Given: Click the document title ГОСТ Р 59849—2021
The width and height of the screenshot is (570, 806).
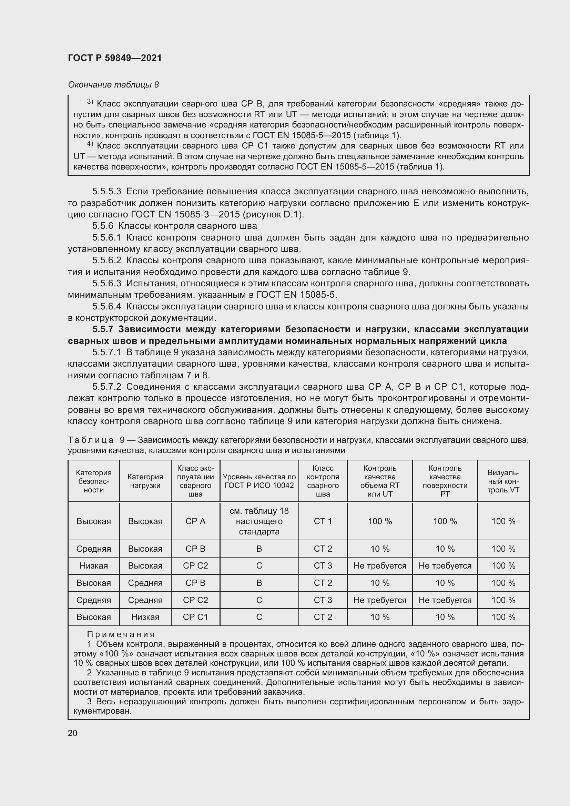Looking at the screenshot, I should [x=115, y=58].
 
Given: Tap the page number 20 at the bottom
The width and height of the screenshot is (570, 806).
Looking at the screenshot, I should [x=73, y=733].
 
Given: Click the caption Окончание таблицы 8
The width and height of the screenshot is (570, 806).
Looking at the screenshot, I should [x=113, y=85].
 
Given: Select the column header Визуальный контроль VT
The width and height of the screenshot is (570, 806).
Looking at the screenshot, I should [x=503, y=481].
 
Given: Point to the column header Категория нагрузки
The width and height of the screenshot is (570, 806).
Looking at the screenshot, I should [x=145, y=481].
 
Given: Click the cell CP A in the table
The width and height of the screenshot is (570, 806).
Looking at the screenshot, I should [x=195, y=521].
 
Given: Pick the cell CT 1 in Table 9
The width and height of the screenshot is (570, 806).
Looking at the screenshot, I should [x=323, y=521].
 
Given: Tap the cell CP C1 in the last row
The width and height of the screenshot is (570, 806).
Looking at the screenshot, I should [x=195, y=617].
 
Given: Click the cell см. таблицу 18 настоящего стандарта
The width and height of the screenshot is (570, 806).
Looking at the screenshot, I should [x=259, y=521].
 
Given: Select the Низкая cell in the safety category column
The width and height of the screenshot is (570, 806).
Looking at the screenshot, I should [x=94, y=566].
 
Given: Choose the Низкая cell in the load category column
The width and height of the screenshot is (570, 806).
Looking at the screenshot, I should [x=145, y=617].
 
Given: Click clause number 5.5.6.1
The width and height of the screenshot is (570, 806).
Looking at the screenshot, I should [x=107, y=238].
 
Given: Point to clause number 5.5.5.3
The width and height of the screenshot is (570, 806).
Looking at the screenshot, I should [x=107, y=192].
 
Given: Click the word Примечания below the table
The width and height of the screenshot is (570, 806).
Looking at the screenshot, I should [x=121, y=634].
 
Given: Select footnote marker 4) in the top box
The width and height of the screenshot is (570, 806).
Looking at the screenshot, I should [x=90, y=144].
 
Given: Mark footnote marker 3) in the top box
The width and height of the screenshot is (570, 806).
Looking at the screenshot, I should [x=90, y=102].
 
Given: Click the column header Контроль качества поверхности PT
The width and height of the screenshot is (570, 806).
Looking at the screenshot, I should [x=445, y=481].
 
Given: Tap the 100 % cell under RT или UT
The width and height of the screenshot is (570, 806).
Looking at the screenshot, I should [x=380, y=521].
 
